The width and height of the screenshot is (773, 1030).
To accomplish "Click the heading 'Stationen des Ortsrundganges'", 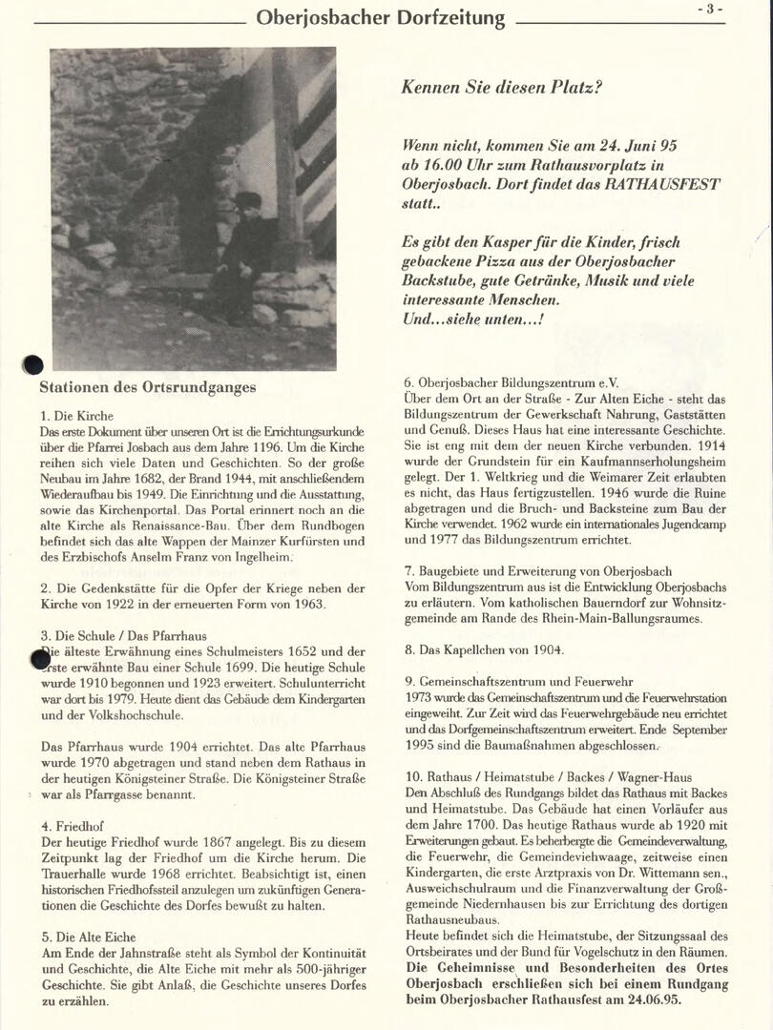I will (x=148, y=387).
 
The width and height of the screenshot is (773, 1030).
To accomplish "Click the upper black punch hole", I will (x=33, y=364).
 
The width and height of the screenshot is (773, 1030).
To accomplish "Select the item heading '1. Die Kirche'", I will (x=76, y=416).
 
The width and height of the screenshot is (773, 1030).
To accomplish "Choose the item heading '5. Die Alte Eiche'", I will (x=88, y=937).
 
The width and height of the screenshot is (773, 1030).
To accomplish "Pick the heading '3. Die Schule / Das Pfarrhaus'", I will (x=123, y=635).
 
